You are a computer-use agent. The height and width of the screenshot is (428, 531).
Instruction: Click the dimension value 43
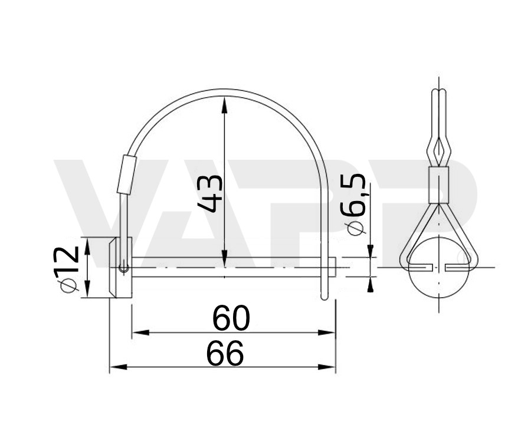pos(211,193)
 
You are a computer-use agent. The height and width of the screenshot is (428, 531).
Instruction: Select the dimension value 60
pos(231,318)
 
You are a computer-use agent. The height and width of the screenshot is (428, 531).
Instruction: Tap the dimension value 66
pos(225,354)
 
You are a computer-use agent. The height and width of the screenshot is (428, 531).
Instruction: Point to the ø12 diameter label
pos(68,268)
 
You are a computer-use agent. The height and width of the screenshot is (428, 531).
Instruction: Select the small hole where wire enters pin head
pos(123,268)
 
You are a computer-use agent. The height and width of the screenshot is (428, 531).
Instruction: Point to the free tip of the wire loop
pos(323,298)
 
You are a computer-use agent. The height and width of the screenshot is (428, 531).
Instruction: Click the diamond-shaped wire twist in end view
pos(437,152)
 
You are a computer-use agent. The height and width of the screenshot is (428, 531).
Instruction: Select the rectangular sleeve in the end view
pos(437,185)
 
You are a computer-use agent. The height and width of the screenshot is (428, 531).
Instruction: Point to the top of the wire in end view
pos(437,92)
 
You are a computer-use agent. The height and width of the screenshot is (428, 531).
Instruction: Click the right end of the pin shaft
pos(335,268)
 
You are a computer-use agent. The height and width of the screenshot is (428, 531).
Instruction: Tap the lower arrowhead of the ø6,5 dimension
pos(371,285)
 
